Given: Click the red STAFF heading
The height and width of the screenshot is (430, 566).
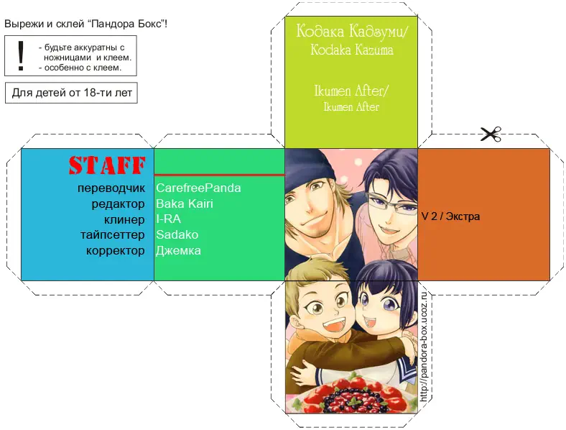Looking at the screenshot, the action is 107,165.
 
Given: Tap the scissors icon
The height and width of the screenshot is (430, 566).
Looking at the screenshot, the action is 491,134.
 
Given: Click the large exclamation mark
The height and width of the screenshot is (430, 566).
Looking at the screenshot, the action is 21,55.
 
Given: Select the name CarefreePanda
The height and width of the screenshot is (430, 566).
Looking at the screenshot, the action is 198,188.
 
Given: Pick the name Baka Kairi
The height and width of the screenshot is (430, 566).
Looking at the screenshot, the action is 185,203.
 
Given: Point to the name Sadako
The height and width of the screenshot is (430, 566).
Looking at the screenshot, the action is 177,235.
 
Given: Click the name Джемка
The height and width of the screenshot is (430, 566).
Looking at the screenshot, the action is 178,251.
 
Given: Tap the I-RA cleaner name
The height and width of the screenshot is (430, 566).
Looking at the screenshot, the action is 168,219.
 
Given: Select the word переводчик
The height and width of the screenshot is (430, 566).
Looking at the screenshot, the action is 111,188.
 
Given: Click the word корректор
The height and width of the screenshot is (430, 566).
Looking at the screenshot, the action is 115,251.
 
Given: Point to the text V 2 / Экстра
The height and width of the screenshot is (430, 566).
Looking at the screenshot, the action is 450,216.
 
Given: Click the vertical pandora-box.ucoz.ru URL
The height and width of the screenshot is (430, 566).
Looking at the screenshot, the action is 424,347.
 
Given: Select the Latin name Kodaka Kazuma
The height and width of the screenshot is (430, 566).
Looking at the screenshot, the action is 352,50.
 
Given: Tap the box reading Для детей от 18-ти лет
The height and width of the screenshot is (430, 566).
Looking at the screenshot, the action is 72,93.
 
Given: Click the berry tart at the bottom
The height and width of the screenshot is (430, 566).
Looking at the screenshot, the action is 352,395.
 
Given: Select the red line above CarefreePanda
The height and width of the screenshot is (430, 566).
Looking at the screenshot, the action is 220,175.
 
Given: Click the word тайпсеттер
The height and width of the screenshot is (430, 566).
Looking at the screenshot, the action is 113,235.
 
